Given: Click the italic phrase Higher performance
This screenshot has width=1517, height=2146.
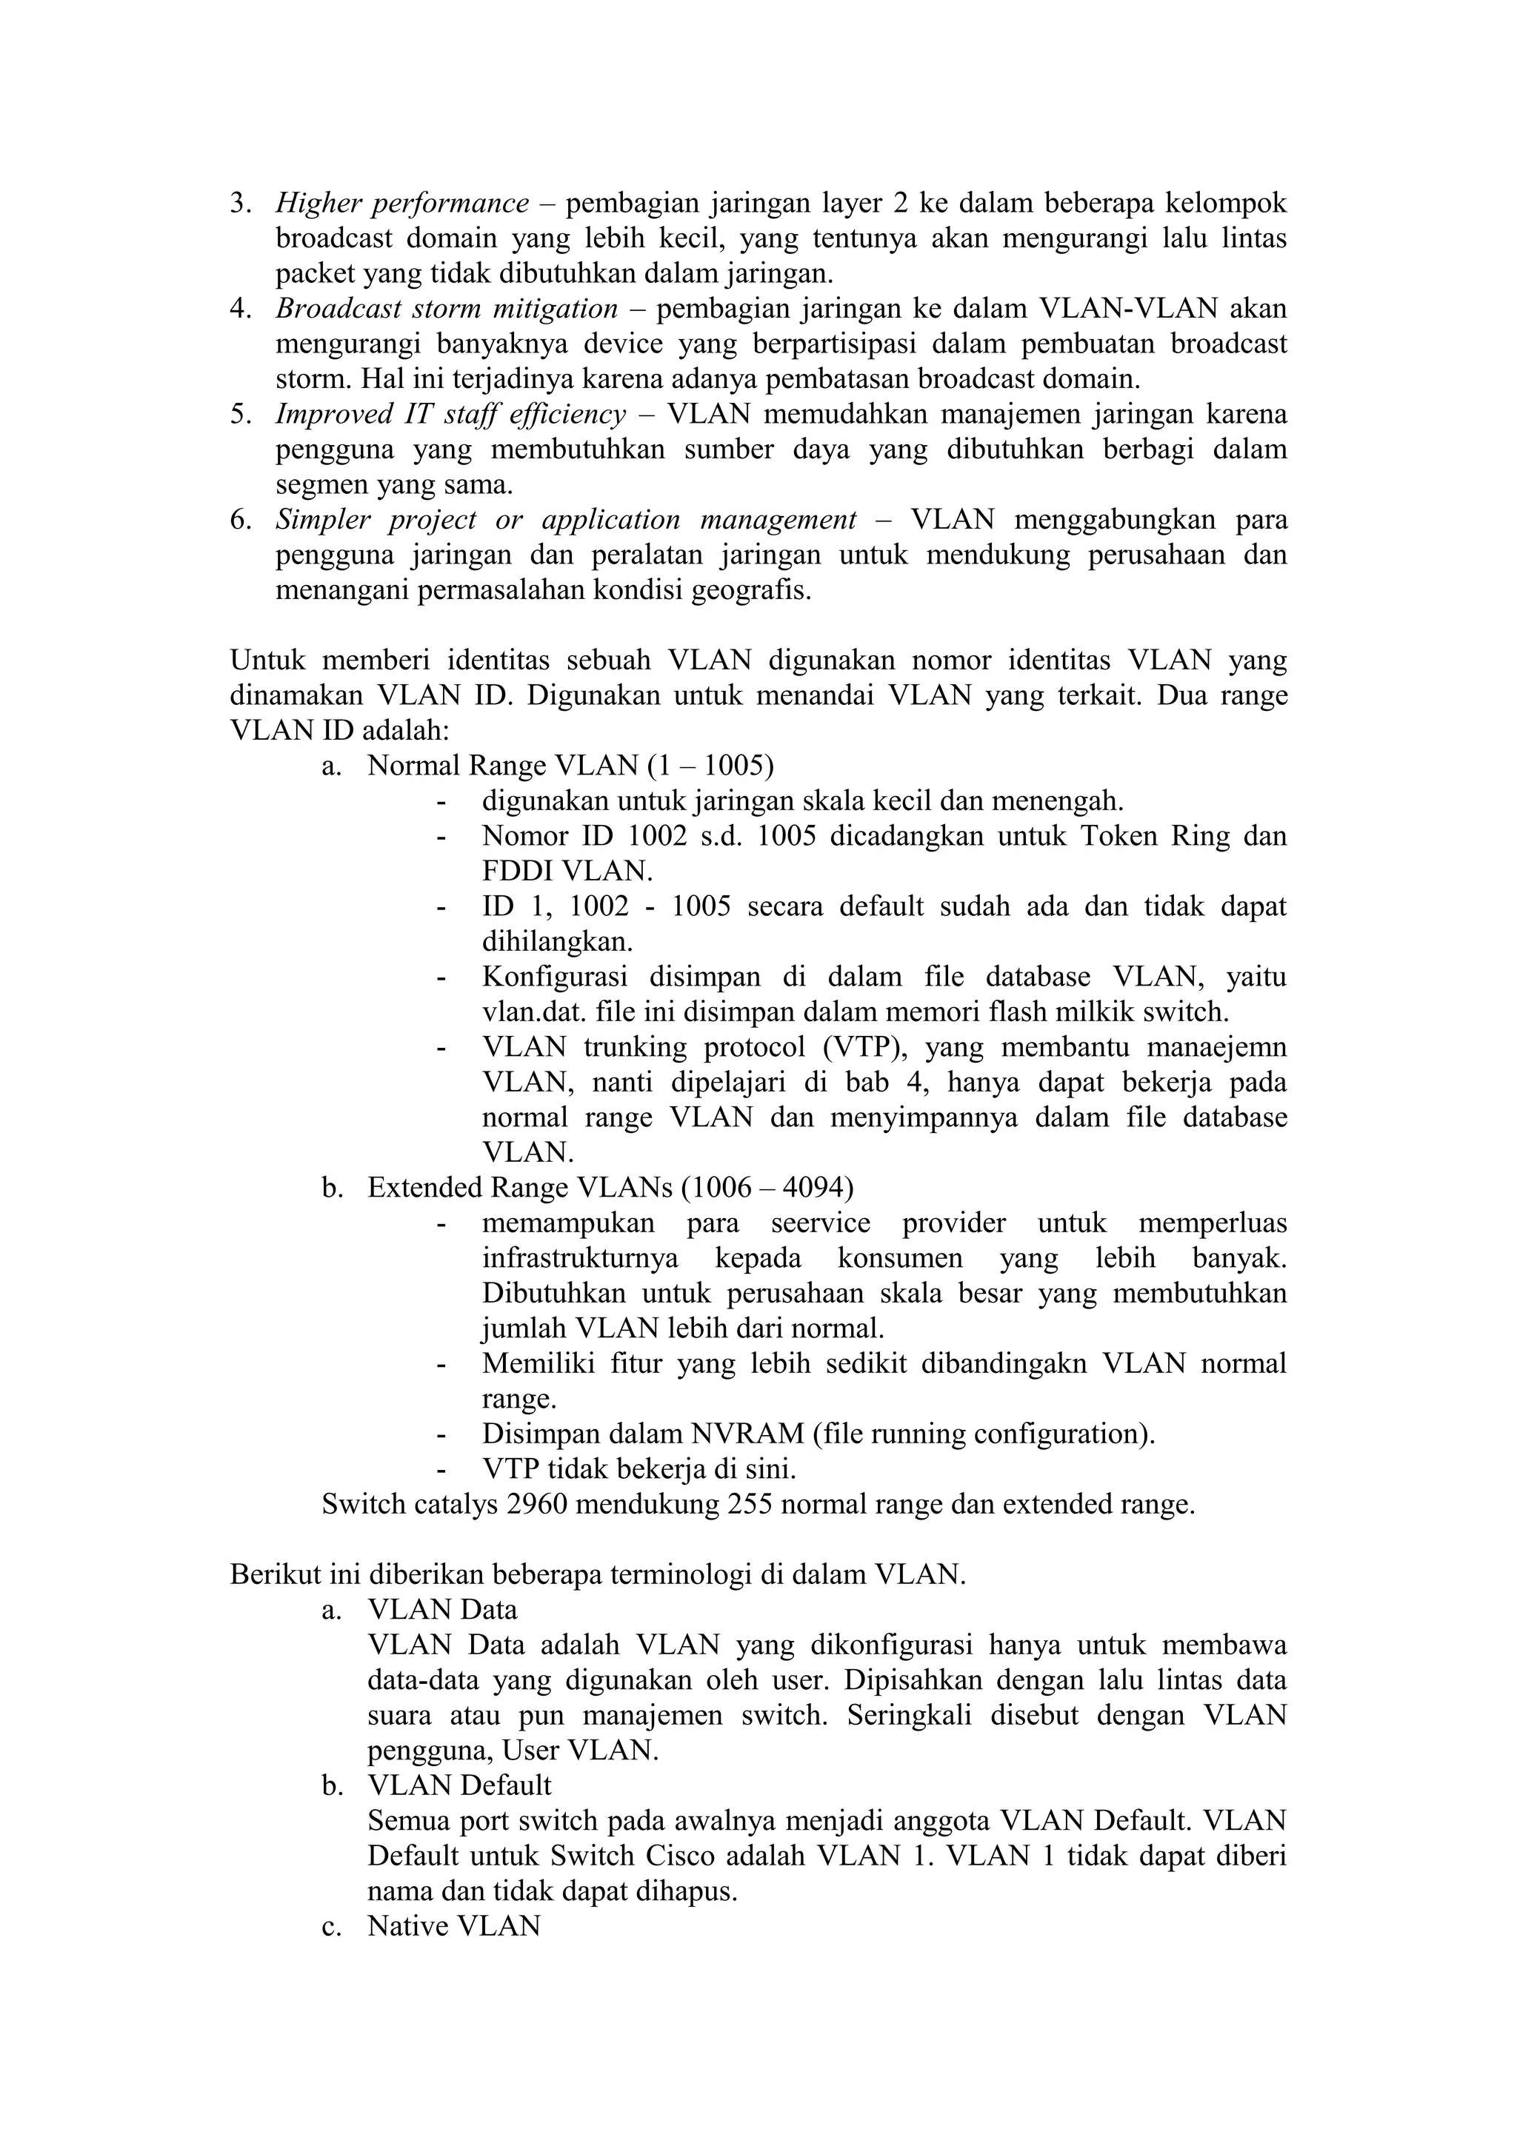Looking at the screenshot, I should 402,203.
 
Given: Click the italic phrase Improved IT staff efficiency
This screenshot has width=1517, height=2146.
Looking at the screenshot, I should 450,414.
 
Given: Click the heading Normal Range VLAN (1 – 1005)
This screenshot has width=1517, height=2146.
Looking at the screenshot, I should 570,766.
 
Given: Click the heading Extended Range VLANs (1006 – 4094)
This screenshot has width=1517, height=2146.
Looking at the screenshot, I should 610,1188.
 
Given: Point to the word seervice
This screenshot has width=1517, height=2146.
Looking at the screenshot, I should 821,1223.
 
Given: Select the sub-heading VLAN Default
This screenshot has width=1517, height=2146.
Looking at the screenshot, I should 459,1786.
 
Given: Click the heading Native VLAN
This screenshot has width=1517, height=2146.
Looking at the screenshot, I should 454,1926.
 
